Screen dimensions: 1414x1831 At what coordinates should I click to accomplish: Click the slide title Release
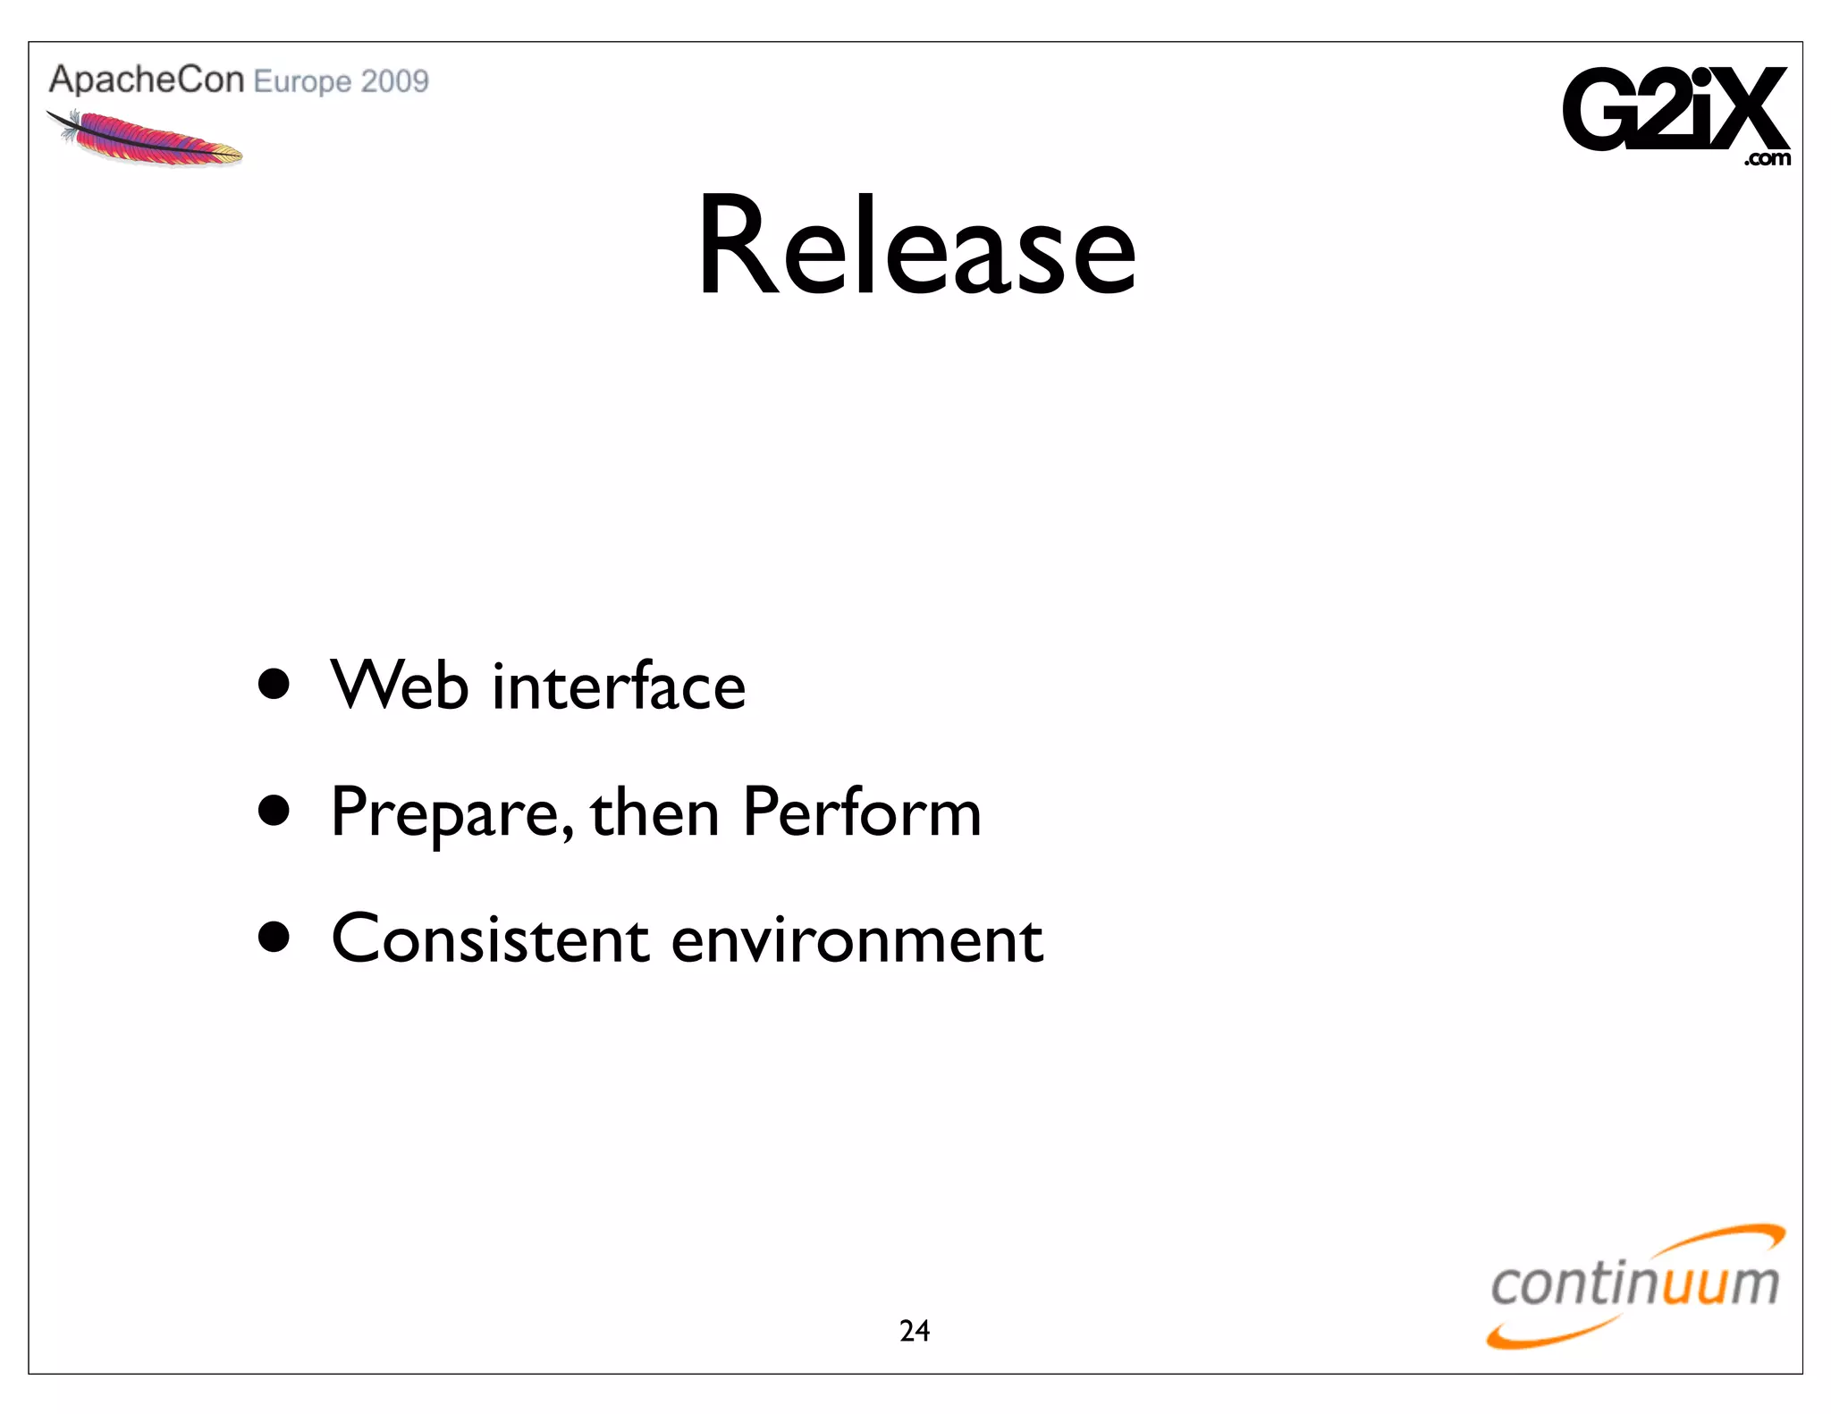click(916, 246)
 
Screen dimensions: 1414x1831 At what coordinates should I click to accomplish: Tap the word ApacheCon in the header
click(147, 80)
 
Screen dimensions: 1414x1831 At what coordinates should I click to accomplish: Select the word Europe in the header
click(302, 82)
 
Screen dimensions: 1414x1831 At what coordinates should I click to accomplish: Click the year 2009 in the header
click(395, 82)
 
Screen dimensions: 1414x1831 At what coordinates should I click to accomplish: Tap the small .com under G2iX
click(1767, 160)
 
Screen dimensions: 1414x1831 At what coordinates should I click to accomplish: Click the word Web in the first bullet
click(400, 686)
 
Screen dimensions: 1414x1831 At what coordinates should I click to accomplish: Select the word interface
click(619, 686)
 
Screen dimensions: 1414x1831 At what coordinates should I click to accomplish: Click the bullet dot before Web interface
click(274, 685)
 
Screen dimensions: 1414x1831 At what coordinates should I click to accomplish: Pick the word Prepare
click(451, 813)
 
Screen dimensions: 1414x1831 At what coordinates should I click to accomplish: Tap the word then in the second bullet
click(655, 813)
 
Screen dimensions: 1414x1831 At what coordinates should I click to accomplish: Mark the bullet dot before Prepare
click(274, 811)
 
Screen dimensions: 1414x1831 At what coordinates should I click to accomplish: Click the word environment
click(856, 940)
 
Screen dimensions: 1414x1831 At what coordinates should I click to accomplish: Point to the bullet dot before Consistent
click(274, 938)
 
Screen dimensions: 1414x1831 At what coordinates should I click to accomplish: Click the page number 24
click(915, 1331)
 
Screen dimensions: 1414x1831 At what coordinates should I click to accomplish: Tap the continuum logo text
click(1634, 1284)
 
